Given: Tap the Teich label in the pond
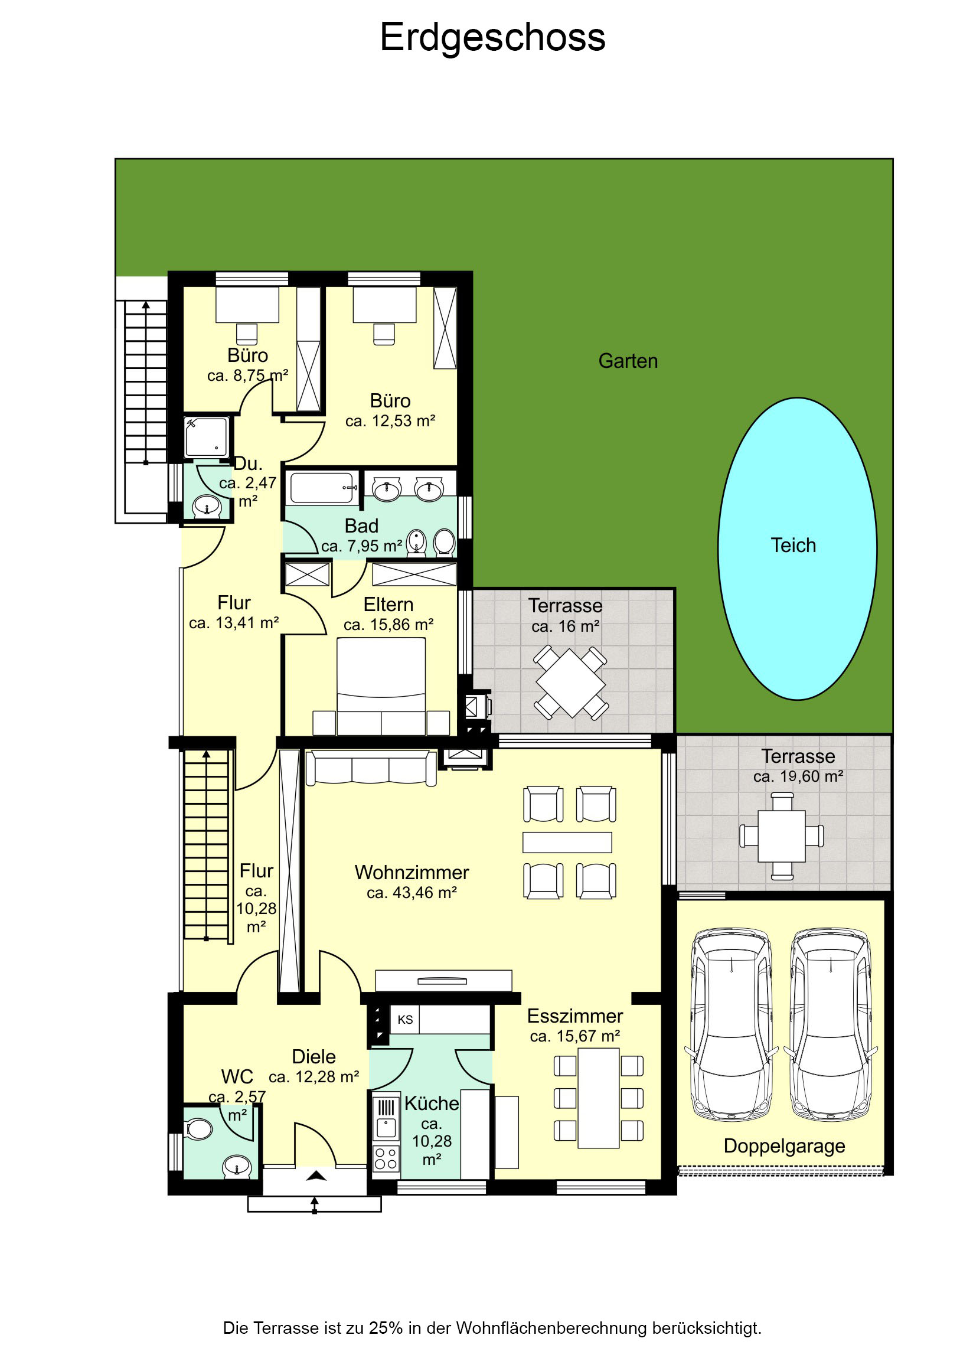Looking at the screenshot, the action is (x=793, y=545).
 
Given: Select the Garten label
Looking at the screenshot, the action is (x=628, y=361).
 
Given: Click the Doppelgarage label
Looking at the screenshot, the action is (x=784, y=1146).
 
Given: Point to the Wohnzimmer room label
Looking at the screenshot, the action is (x=412, y=873).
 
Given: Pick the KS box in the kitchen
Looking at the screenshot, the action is (x=404, y=1020).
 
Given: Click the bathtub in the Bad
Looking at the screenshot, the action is (x=322, y=488).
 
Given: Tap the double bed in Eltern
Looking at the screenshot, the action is (x=381, y=686).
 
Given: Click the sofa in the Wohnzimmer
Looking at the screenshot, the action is (x=371, y=768).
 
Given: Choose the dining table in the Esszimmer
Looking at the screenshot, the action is (x=599, y=1098).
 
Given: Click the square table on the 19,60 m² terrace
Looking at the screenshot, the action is (x=781, y=835).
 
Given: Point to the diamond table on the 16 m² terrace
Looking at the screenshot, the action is (x=571, y=683).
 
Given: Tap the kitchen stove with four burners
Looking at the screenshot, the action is (x=386, y=1158).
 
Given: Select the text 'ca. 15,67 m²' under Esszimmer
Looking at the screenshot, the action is (x=575, y=1036).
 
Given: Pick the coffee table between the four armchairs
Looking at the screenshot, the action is (x=567, y=842).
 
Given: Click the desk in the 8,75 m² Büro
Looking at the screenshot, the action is (x=247, y=305).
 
